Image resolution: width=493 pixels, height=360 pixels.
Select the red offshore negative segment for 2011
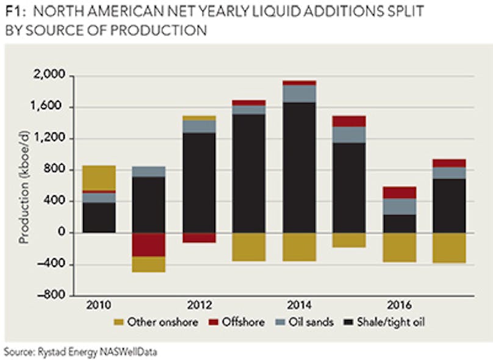149,245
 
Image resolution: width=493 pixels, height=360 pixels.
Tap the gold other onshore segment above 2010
99,178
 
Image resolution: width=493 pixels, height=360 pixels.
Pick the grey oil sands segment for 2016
399,206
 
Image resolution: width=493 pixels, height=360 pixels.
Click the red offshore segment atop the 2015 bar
349,121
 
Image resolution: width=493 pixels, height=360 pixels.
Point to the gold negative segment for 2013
249,247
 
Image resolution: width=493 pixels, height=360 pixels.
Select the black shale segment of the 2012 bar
199,183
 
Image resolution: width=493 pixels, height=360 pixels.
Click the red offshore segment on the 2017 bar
449,163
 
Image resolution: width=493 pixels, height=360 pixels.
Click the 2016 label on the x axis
399,306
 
